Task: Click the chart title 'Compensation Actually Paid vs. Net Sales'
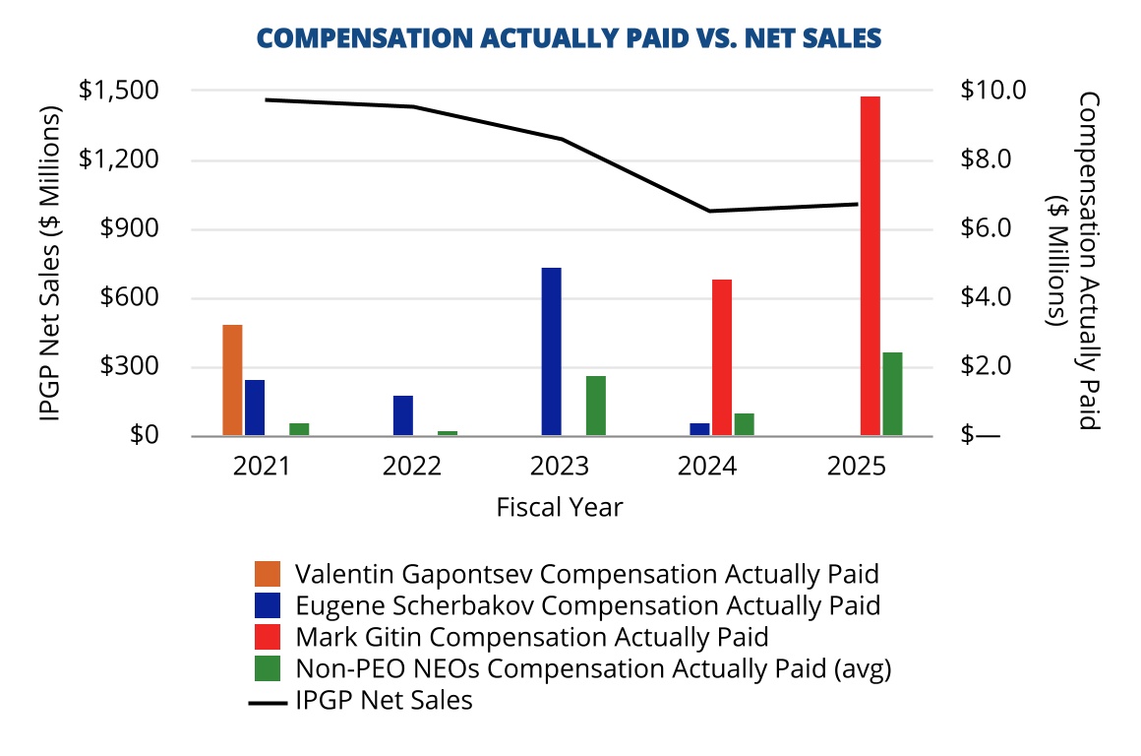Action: pyautogui.click(x=569, y=37)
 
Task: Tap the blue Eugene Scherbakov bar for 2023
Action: pyautogui.click(x=551, y=351)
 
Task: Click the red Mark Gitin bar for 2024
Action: pyautogui.click(x=722, y=357)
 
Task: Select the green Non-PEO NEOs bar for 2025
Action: pyautogui.click(x=892, y=394)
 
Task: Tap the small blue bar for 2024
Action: pyautogui.click(x=699, y=429)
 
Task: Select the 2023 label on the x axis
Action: pyautogui.click(x=559, y=466)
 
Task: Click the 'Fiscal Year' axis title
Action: pyautogui.click(x=559, y=507)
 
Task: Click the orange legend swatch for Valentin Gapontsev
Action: pyautogui.click(x=268, y=573)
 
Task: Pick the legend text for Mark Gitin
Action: pyautogui.click(x=531, y=636)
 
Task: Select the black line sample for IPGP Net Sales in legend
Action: pyautogui.click(x=268, y=702)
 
